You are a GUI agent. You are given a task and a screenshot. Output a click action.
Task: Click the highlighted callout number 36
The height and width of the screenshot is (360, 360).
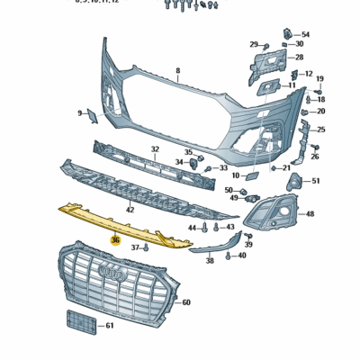[x=115, y=240]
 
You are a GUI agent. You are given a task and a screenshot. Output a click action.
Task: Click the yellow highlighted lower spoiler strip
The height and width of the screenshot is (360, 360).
[x=126, y=224]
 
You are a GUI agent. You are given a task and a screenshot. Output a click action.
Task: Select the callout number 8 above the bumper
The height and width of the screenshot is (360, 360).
[x=178, y=70]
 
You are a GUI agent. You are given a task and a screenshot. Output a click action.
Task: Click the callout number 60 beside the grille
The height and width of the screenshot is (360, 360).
[x=186, y=303]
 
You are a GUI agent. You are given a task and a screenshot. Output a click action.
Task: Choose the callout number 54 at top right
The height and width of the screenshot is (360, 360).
[x=305, y=34]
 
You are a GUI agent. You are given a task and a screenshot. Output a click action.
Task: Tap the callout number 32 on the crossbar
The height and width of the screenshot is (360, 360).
[x=155, y=149]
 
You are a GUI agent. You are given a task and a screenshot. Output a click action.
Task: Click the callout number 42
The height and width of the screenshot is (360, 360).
[x=130, y=210]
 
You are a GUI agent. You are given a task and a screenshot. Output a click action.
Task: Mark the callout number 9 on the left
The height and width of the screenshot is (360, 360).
[x=80, y=113]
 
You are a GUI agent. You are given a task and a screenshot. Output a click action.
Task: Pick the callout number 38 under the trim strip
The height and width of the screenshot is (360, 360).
[x=210, y=261]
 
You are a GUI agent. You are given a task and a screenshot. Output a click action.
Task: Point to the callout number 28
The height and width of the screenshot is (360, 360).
[x=299, y=57]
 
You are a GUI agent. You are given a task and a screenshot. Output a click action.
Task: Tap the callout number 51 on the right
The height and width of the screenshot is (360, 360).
[x=316, y=181]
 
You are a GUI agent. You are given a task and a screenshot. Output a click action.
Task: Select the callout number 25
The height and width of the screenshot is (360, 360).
[x=321, y=130]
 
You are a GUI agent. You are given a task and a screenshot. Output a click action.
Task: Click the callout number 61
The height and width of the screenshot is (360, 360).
[x=110, y=325]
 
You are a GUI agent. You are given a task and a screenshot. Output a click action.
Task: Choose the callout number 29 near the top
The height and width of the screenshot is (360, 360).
[x=254, y=44]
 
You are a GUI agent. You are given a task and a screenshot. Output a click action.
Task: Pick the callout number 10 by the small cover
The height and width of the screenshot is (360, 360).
[x=236, y=175]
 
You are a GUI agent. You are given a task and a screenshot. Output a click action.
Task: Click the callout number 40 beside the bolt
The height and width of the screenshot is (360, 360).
[x=242, y=256]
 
